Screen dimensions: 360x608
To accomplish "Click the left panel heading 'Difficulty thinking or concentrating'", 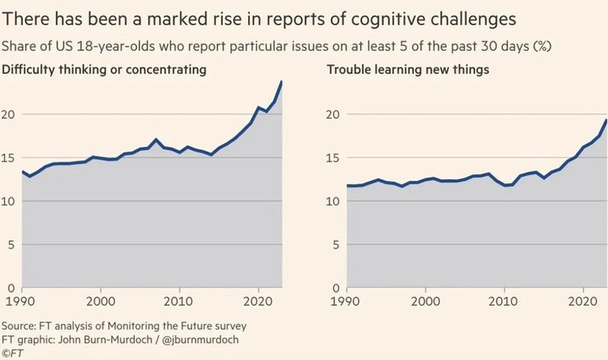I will (x=104, y=70).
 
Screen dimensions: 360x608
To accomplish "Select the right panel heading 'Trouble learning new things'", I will (x=408, y=70).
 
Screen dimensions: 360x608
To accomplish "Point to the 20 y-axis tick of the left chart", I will (x=9, y=114).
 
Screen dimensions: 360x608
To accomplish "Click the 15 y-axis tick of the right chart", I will (x=334, y=158).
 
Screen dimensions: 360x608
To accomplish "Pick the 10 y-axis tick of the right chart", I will (x=334, y=201).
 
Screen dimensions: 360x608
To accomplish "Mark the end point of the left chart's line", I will (x=282, y=81).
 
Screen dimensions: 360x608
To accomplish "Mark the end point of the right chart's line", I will (x=606, y=120).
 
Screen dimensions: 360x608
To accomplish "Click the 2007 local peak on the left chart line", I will (x=156, y=140).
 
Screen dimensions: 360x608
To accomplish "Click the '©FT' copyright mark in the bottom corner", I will (x=12, y=353).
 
